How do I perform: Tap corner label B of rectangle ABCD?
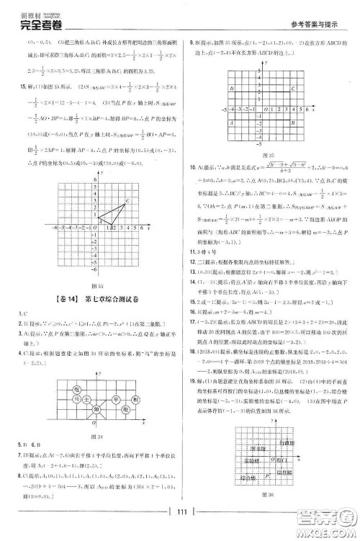coord(311,124)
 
